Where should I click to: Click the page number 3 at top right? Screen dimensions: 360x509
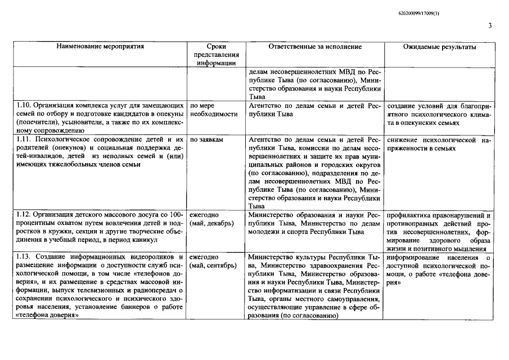tap(490, 26)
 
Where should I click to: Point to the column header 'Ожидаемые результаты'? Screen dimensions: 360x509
tap(439, 47)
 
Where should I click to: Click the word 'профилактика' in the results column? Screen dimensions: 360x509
tap(410, 215)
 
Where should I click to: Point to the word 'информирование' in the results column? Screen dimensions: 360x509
tap(413, 257)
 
